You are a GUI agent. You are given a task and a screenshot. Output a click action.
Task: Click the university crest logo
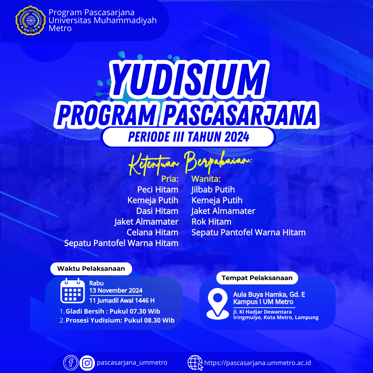pyautogui.click(x=30, y=20)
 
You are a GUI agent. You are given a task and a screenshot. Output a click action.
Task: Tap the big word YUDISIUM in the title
pyautogui.click(x=189, y=79)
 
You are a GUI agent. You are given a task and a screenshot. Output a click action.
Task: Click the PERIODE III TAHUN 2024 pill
pyautogui.click(x=189, y=137)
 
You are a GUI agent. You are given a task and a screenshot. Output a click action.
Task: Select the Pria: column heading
pyautogui.click(x=170, y=179)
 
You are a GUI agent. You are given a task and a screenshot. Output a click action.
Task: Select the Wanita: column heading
pyautogui.click(x=206, y=179)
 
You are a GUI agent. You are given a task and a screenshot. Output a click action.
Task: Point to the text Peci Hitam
pyautogui.click(x=158, y=190)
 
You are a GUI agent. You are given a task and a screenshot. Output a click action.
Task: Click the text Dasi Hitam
pyautogui.click(x=157, y=211)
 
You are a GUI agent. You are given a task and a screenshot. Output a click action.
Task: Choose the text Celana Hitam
pyautogui.click(x=153, y=232)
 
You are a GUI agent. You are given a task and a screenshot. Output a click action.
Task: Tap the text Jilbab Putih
pyautogui.click(x=213, y=190)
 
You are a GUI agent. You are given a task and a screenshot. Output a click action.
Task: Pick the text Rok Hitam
pyautogui.click(x=211, y=222)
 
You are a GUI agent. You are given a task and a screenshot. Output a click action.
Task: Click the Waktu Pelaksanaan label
pyautogui.click(x=91, y=269)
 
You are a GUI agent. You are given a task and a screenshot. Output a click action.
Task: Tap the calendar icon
pyautogui.click(x=73, y=290)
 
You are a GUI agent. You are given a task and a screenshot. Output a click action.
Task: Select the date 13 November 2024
pyautogui.click(x=116, y=290)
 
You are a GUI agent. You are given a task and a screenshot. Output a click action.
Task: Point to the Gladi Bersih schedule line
pyautogui.click(x=110, y=312)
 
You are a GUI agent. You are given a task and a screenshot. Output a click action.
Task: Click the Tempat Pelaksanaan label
pyautogui.click(x=257, y=278)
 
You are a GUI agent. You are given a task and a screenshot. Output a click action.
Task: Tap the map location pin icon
pyautogui.click(x=218, y=304)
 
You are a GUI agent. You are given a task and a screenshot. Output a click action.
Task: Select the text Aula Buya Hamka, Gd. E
pyautogui.click(x=269, y=295)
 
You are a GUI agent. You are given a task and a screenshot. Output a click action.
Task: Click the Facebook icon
pyautogui.click(x=71, y=363)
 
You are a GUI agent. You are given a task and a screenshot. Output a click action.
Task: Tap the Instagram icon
pyautogui.click(x=87, y=363)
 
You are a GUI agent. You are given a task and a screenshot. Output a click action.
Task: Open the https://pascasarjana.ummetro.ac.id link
pyautogui.click(x=258, y=363)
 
